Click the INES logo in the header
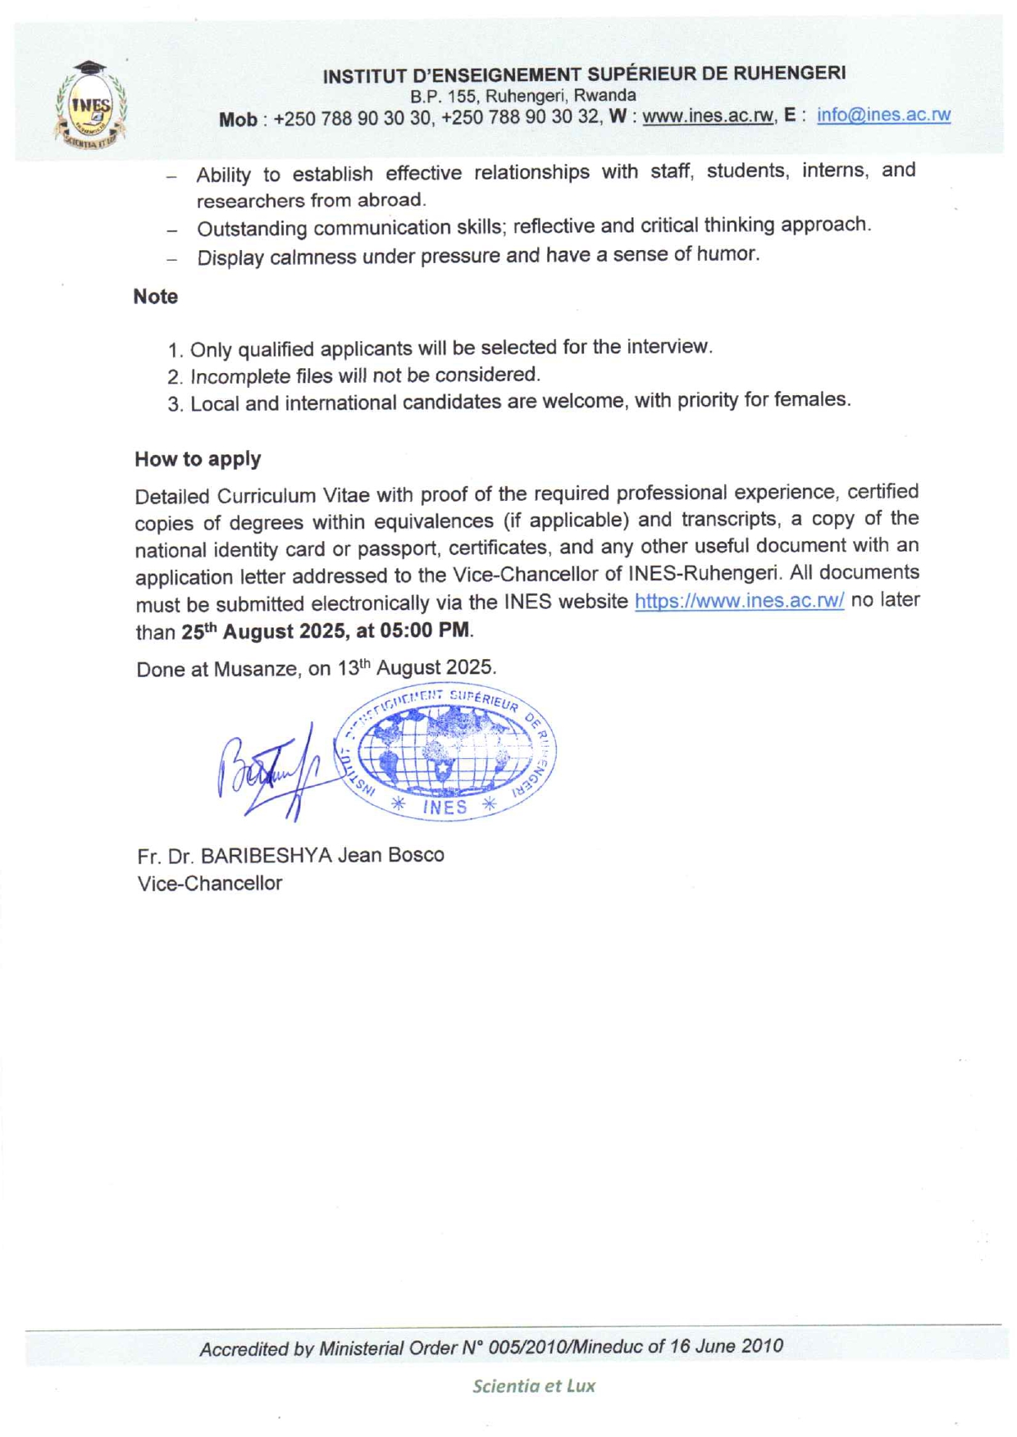[x=91, y=106]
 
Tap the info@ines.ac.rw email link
[x=883, y=115]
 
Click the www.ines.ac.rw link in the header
[x=707, y=116]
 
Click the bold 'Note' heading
[x=156, y=297]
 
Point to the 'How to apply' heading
[x=198, y=459]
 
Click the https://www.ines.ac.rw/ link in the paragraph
[x=739, y=602]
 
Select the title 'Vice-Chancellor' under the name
[x=210, y=884]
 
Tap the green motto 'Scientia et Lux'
[x=534, y=1386]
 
